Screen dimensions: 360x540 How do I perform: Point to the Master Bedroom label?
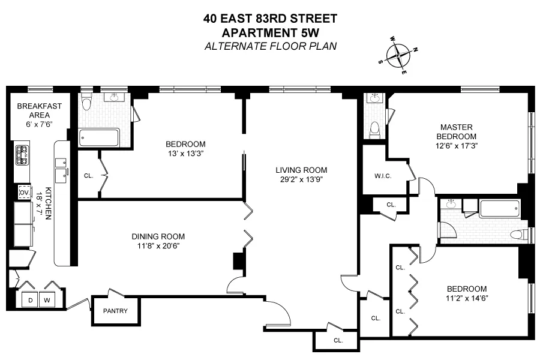(x=457, y=131)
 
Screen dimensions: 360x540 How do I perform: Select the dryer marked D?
(x=29, y=299)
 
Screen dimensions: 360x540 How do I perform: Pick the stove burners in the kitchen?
(x=22, y=156)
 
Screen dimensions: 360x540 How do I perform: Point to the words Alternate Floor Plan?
(x=270, y=46)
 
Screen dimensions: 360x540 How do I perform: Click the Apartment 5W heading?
(x=270, y=32)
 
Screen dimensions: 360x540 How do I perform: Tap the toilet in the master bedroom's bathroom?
(x=376, y=128)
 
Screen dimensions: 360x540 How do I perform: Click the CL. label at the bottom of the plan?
(x=338, y=340)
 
